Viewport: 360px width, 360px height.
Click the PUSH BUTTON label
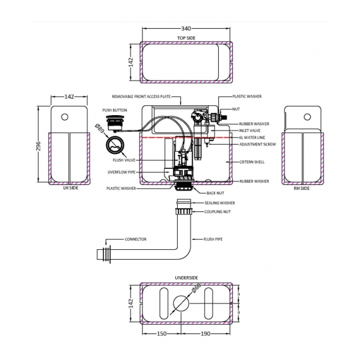[x=115, y=110]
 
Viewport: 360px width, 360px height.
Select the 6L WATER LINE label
[x=252, y=137]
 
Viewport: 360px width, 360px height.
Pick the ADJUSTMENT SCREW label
[x=257, y=144]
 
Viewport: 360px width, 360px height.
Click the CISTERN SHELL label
[x=252, y=162]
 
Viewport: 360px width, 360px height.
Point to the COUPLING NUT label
[x=217, y=212]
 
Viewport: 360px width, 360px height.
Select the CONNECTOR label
[x=136, y=239]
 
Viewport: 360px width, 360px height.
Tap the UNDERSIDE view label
[x=186, y=277]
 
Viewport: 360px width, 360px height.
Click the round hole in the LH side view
[x=65, y=117]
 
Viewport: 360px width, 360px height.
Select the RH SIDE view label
[x=302, y=188]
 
